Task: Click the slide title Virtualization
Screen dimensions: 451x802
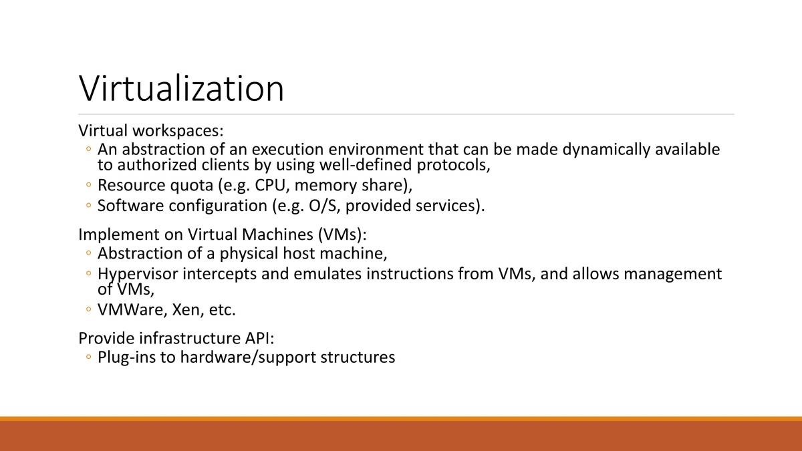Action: pos(181,88)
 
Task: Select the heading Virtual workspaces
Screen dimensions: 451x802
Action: pos(150,130)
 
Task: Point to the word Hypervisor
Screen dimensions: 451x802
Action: pos(138,274)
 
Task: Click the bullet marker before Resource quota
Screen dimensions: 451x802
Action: pos(89,186)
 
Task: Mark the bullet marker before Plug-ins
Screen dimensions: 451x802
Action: pos(89,358)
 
